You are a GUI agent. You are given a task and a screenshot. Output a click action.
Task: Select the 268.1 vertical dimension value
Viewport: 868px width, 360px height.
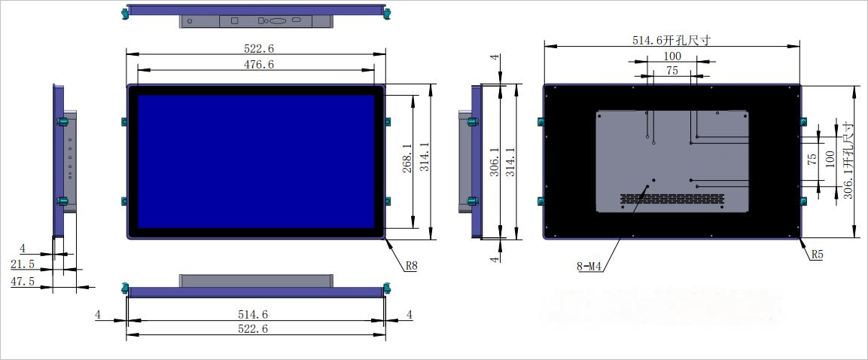click(407, 158)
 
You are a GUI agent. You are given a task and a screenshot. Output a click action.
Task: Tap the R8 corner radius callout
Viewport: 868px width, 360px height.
click(411, 265)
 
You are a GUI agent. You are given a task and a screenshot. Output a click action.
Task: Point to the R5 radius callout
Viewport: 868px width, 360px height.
click(817, 255)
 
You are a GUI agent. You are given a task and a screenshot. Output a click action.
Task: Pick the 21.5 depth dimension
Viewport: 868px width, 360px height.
click(23, 264)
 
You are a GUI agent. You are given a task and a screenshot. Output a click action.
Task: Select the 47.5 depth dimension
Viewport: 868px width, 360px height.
click(23, 281)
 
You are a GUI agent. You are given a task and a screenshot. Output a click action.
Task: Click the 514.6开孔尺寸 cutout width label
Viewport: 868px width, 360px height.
click(672, 41)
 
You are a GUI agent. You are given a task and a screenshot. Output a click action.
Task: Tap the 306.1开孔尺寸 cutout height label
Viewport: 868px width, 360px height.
click(848, 157)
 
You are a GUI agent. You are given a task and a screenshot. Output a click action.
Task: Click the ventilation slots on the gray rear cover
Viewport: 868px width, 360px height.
click(672, 200)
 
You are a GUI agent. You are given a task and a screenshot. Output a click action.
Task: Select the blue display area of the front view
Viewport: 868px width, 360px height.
click(256, 160)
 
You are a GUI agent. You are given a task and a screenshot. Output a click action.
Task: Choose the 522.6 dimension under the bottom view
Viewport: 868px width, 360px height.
click(253, 329)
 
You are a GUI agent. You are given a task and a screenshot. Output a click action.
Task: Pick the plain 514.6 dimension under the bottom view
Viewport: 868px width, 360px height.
click(253, 314)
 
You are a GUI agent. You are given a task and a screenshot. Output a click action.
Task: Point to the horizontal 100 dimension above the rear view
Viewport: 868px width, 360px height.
click(672, 56)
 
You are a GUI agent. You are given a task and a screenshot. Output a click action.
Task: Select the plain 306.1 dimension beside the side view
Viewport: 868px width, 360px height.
click(494, 160)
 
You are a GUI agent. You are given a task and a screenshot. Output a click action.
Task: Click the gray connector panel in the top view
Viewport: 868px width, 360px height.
click(255, 21)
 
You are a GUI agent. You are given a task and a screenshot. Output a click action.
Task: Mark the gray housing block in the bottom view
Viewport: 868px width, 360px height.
click(255, 280)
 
